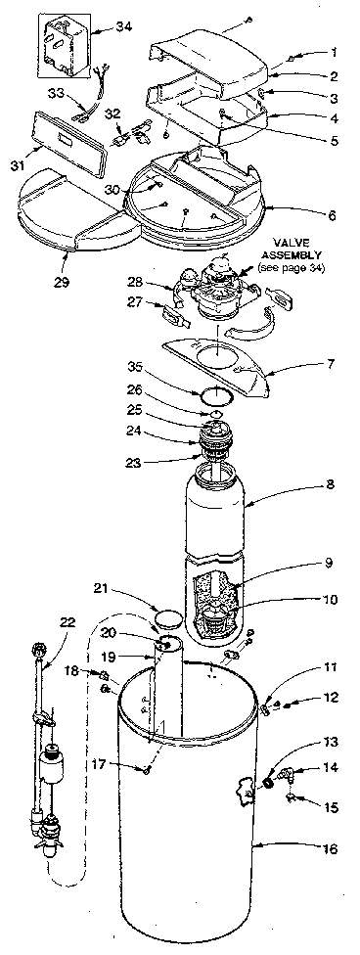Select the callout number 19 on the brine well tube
(x=139, y=659)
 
